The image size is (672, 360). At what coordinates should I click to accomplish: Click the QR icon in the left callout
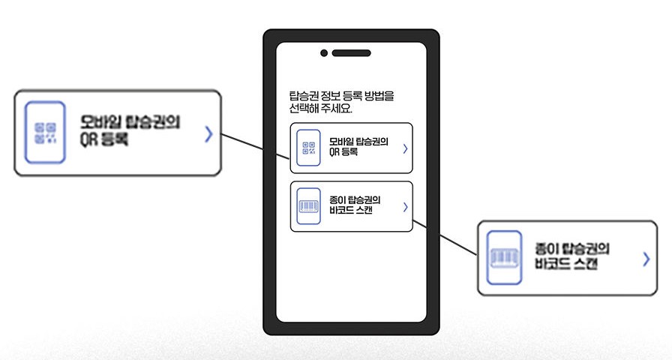pyautogui.click(x=46, y=133)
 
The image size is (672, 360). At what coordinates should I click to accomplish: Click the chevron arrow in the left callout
pyautogui.click(x=208, y=134)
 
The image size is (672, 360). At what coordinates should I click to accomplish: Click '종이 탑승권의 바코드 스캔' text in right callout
pyautogui.click(x=573, y=256)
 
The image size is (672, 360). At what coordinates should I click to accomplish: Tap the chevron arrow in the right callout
pyautogui.click(x=646, y=259)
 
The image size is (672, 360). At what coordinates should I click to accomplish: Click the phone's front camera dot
pyautogui.click(x=324, y=53)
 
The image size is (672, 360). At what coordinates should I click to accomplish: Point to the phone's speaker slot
pyautogui.click(x=351, y=53)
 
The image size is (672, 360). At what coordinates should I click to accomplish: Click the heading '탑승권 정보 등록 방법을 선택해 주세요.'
pyautogui.click(x=340, y=102)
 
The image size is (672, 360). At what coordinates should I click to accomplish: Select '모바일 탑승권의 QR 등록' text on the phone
pyautogui.click(x=358, y=147)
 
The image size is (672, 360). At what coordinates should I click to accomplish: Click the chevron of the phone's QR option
pyautogui.click(x=405, y=148)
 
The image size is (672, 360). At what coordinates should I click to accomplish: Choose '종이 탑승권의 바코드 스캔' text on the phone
pyautogui.click(x=355, y=205)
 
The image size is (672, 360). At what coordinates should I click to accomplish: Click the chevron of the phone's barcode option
pyautogui.click(x=405, y=206)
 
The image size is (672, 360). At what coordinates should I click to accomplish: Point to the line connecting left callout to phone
pyautogui.click(x=255, y=146)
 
